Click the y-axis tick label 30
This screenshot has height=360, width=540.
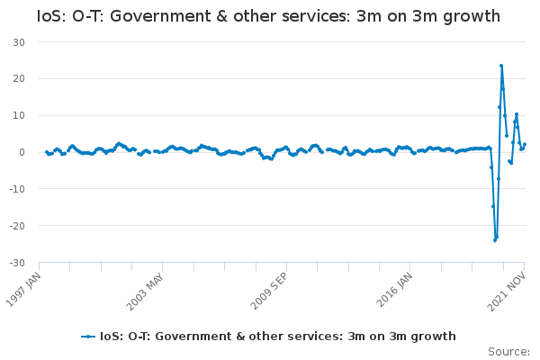tap(19, 42)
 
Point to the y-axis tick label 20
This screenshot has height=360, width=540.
tap(19, 78)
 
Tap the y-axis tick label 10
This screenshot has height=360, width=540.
tap(19, 115)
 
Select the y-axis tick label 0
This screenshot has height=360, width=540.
tap(22, 152)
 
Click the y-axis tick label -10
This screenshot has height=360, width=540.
tap(17, 189)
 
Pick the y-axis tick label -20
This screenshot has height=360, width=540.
tap(17, 226)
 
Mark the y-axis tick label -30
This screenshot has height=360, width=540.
tap(17, 263)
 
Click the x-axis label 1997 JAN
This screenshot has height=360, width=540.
tap(23, 290)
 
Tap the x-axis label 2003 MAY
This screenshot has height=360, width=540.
tap(145, 292)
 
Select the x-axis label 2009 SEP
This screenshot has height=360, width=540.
tap(268, 291)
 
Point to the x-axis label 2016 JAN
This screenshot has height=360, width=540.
tap(394, 290)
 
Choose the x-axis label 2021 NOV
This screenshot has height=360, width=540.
tap(506, 292)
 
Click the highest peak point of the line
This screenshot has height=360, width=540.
tap(501, 66)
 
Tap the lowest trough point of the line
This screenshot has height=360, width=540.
tap(495, 240)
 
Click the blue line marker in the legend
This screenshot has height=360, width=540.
tap(88, 337)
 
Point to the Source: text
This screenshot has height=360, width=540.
tap(509, 352)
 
